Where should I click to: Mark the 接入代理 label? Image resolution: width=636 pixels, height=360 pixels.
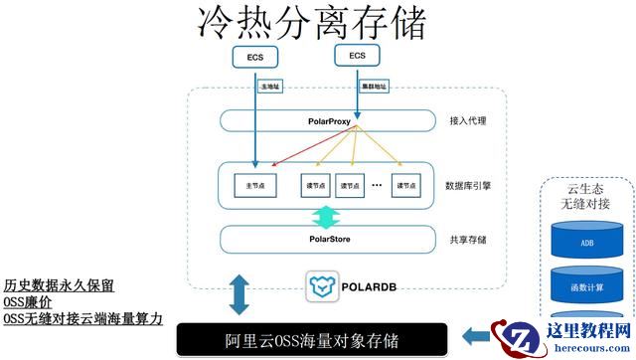point(470,121)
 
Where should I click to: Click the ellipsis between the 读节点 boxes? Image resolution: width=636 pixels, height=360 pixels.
point(378,185)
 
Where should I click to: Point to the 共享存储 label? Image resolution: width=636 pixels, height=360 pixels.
point(470,239)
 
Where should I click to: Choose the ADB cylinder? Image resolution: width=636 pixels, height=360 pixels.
point(586,242)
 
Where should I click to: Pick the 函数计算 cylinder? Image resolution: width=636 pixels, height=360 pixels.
point(586,288)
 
